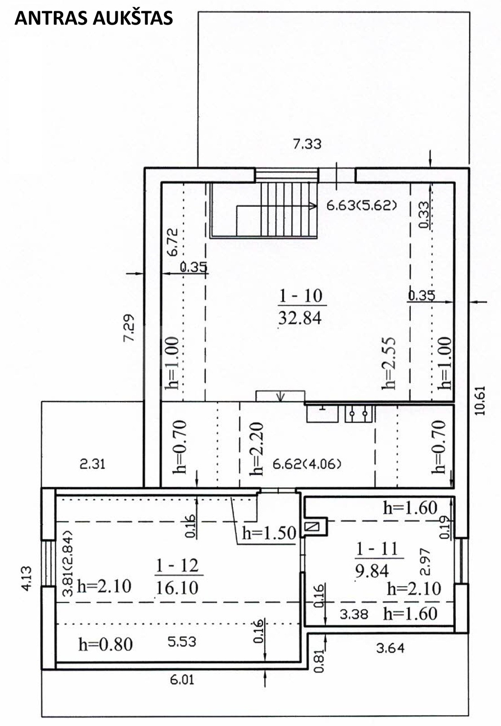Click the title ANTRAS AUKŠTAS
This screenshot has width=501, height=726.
pos(93,18)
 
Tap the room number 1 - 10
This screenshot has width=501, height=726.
pos(301,296)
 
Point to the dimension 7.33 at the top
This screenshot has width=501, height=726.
pos(307,144)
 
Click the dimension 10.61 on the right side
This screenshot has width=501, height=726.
pos(479,400)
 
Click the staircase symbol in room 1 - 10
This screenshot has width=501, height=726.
pos(264,210)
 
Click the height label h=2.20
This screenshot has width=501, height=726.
pos(257,449)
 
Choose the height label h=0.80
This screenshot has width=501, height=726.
pos(106,644)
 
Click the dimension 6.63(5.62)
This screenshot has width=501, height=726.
pos(361,205)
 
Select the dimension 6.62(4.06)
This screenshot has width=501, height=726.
pos(307,464)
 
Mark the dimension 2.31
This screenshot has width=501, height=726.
pos(93,464)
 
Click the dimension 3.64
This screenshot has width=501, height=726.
pos(390,648)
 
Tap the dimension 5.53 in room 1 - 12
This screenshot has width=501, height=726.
pos(182,642)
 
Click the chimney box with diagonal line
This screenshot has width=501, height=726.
pos(312,526)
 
